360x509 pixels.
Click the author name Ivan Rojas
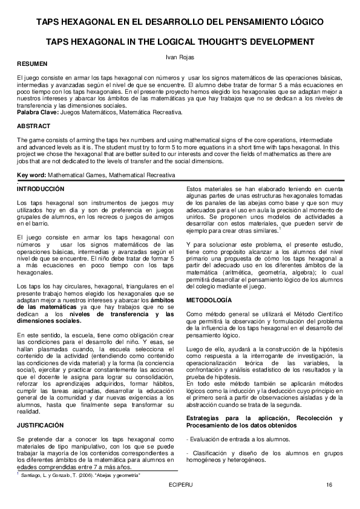[x=180, y=56]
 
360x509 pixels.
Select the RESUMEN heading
[x=30, y=63]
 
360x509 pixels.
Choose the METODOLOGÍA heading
[x=208, y=300]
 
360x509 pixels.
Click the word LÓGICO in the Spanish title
[x=306, y=22]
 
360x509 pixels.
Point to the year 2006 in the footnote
[x=78, y=476]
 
